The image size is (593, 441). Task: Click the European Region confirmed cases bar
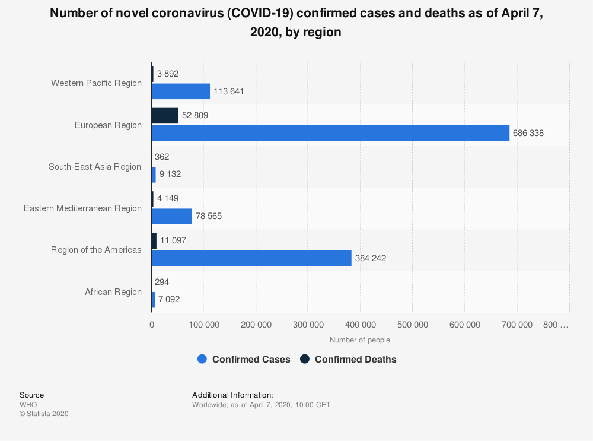(330, 133)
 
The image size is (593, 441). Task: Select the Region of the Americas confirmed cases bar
(251, 258)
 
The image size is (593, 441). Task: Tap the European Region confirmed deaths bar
(165, 116)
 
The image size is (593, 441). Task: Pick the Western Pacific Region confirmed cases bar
(181, 91)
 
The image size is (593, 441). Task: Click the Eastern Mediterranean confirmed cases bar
(172, 216)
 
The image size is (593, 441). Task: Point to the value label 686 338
(528, 133)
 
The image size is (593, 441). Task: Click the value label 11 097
(173, 240)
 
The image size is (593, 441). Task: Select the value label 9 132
(170, 175)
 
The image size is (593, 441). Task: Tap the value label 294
(161, 282)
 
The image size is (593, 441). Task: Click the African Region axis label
(113, 292)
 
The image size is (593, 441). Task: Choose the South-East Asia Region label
(95, 167)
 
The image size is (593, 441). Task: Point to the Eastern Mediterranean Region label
(82, 208)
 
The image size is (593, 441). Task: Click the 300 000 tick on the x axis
(308, 325)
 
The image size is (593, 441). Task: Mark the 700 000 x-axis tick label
(517, 325)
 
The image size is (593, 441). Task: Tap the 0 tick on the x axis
(152, 325)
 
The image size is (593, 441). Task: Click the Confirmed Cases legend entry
(244, 359)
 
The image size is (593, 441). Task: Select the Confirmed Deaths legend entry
(348, 359)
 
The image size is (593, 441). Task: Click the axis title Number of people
(360, 340)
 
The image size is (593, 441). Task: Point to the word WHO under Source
(28, 405)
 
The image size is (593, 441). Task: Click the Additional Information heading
(233, 395)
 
